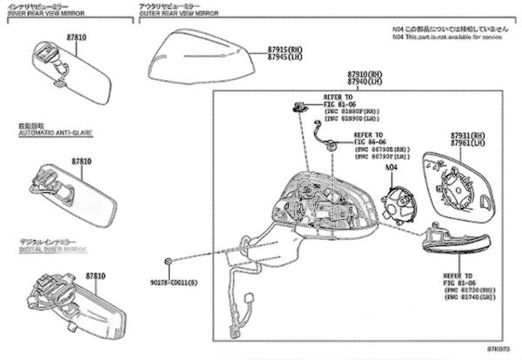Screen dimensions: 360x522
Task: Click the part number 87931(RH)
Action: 468,137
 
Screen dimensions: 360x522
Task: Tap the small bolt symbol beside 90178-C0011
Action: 167,262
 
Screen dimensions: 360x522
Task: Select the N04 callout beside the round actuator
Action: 391,166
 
